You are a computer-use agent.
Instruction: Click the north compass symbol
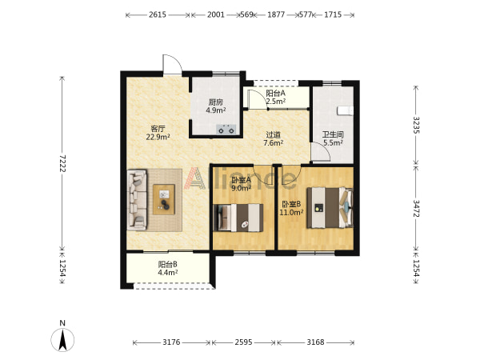click(62, 339)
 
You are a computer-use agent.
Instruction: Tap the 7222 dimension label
click(62, 163)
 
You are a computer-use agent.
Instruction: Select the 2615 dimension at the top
click(158, 14)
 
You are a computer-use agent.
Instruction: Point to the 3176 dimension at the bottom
click(171, 342)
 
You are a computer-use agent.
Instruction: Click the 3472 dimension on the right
click(417, 209)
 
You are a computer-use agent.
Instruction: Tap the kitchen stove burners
click(226, 130)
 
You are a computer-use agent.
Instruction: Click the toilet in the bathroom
click(345, 111)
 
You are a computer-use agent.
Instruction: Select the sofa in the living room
click(137, 200)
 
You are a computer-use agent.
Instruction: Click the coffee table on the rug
click(164, 199)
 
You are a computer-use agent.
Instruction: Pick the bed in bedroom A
click(238, 218)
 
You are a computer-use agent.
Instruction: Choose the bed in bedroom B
click(330, 207)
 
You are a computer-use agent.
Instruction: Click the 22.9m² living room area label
click(158, 137)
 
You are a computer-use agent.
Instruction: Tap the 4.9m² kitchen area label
click(216, 110)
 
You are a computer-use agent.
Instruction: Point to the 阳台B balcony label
click(168, 264)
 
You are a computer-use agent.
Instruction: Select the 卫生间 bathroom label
click(333, 134)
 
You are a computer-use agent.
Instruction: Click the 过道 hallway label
click(273, 134)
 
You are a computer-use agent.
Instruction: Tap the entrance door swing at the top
click(172, 64)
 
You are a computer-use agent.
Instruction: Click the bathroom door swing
click(321, 152)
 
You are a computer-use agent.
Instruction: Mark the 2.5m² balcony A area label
click(276, 101)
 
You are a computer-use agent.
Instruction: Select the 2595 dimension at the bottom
click(244, 342)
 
